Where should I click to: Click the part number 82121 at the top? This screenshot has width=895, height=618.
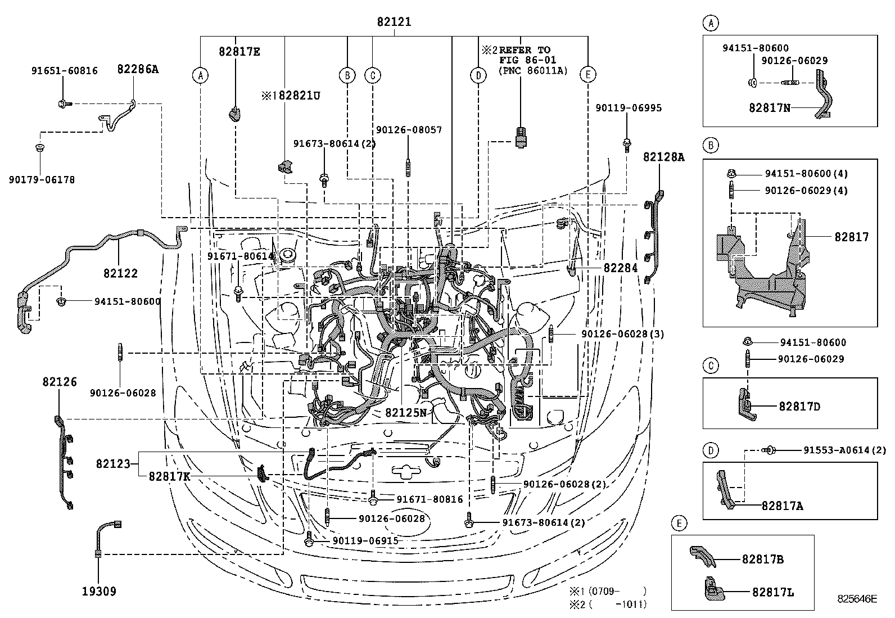pyautogui.click(x=394, y=22)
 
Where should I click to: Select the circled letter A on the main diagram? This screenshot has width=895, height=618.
pyautogui.click(x=200, y=75)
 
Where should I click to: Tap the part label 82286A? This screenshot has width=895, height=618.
pyautogui.click(x=138, y=69)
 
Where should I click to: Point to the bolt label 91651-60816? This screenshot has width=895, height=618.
pyautogui.click(x=64, y=71)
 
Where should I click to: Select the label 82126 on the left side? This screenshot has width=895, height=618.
pyautogui.click(x=59, y=382)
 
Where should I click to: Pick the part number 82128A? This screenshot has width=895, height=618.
pyautogui.click(x=664, y=157)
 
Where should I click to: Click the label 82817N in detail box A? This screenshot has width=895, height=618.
pyautogui.click(x=769, y=107)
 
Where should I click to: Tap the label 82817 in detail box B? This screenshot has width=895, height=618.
pyautogui.click(x=851, y=237)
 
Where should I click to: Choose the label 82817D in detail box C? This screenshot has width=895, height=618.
pyautogui.click(x=799, y=406)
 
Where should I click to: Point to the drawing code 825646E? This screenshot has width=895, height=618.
pyautogui.click(x=856, y=599)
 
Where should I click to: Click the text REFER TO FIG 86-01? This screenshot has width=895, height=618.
pyautogui.click(x=527, y=55)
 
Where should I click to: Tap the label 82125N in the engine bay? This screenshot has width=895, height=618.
pyautogui.click(x=406, y=413)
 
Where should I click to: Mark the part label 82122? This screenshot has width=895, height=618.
pyautogui.click(x=120, y=273)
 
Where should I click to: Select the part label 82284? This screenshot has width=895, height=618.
pyautogui.click(x=621, y=268)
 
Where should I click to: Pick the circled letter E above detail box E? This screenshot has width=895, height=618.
pyautogui.click(x=679, y=524)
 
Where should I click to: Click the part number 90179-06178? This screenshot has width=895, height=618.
pyautogui.click(x=42, y=179)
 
